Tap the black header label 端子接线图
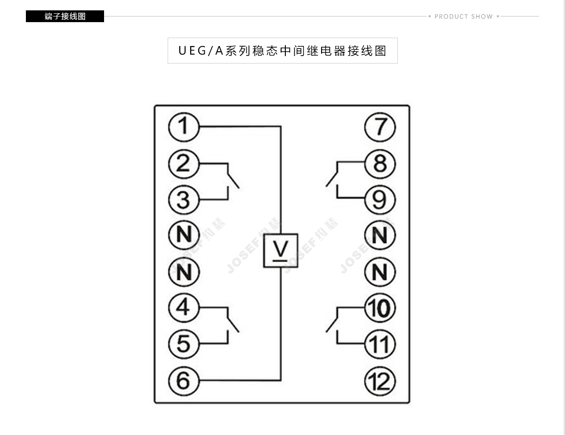pyautogui.click(x=65, y=16)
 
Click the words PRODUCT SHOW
pyautogui.click(x=464, y=16)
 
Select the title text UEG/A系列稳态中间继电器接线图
pyautogui.click(x=282, y=51)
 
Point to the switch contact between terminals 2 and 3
pyautogui.click(x=233, y=180)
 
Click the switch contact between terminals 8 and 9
pyautogui.click(x=332, y=179)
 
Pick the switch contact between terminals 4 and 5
pyautogui.click(x=233, y=324)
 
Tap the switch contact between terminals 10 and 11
pyautogui.click(x=332, y=324)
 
